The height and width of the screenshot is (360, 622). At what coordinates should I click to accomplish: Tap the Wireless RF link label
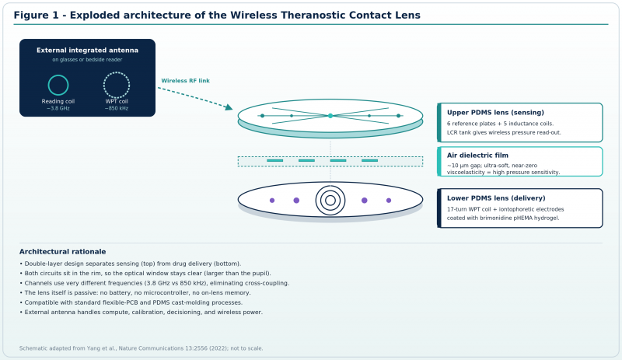pos(185,81)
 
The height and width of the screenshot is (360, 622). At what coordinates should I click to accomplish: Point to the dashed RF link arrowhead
pos(229,107)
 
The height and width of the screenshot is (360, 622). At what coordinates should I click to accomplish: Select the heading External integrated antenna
pos(87,50)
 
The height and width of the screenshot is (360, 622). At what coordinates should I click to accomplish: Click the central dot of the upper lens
pos(330,116)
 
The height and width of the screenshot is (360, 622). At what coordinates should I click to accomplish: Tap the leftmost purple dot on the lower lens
pos(272,201)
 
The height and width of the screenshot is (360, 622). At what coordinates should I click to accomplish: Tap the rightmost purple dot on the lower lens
pos(389,201)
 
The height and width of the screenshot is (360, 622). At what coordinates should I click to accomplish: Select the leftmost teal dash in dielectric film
pos(275,161)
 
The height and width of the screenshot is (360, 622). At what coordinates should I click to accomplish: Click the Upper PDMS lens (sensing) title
pos(495,112)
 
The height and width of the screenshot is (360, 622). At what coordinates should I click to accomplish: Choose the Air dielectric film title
pos(477,156)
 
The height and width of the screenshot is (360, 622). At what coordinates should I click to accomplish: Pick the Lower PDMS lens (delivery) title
pos(496,198)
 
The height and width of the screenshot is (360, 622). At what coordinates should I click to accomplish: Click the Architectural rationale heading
pos(63,252)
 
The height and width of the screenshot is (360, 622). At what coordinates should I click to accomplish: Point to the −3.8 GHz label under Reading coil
pos(58,108)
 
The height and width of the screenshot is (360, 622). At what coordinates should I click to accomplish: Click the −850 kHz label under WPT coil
pos(117,108)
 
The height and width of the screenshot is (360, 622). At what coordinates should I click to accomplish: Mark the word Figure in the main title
pos(33,15)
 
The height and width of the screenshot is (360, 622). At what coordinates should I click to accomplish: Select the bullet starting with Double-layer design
pos(130,264)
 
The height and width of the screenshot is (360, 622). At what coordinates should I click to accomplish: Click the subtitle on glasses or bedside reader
pos(87,60)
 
